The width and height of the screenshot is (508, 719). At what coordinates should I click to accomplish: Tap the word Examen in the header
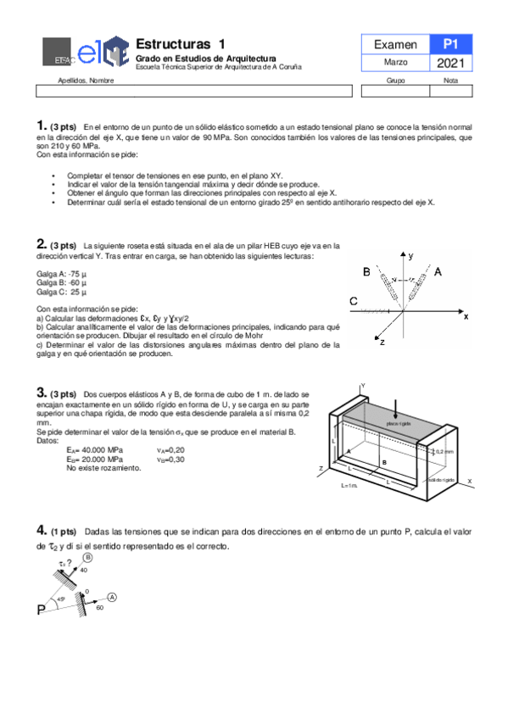point(395,45)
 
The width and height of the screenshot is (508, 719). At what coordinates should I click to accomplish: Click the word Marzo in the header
point(395,64)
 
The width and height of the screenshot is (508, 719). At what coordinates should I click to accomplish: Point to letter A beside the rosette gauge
point(438,273)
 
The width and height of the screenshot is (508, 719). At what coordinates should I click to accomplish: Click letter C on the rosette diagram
point(353,301)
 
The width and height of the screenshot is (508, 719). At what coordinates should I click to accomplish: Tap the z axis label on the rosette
point(382,342)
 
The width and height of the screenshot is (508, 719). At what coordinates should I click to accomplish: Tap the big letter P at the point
point(42,610)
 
